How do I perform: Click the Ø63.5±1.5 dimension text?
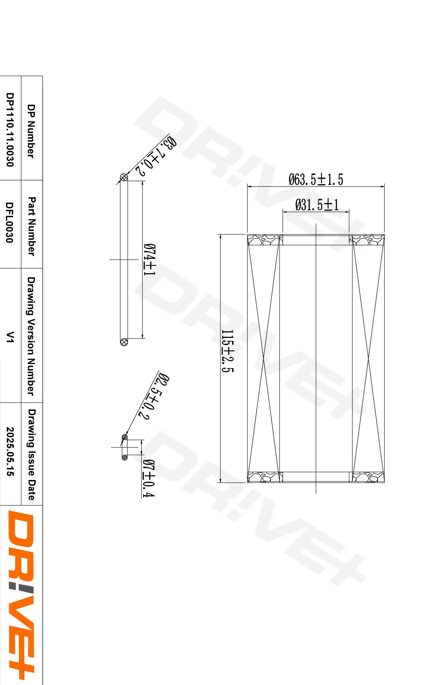click(316, 179)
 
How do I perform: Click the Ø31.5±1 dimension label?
click(317, 205)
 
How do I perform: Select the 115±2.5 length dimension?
click(227, 351)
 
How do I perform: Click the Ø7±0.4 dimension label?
click(149, 478)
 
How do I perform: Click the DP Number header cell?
click(31, 131)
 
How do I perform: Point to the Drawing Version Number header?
click(31, 336)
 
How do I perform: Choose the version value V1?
click(10, 337)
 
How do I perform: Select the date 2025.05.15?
click(10, 451)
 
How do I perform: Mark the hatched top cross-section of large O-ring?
click(124, 177)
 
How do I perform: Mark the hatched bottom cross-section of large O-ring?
click(124, 342)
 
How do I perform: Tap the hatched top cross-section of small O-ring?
click(125, 438)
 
